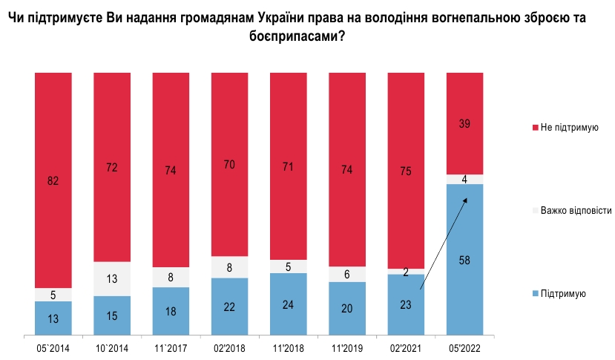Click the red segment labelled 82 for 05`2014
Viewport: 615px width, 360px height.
click(53, 180)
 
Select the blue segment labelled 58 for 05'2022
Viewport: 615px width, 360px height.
click(465, 260)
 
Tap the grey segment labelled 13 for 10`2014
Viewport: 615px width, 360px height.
click(112, 278)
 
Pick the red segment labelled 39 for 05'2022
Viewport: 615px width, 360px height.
click(465, 123)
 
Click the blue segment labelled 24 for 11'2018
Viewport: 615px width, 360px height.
click(289, 304)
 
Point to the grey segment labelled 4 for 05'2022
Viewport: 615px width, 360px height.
click(465, 179)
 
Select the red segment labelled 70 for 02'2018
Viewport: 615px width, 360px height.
click(230, 164)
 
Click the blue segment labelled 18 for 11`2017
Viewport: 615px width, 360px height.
click(171, 311)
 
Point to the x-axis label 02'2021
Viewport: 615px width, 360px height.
click(406, 347)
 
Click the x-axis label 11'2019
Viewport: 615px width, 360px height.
click(347, 347)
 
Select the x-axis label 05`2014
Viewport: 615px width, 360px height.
click(53, 347)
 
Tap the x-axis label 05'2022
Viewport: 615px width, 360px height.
click(465, 347)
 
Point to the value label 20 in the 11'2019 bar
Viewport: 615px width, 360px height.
click(347, 308)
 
